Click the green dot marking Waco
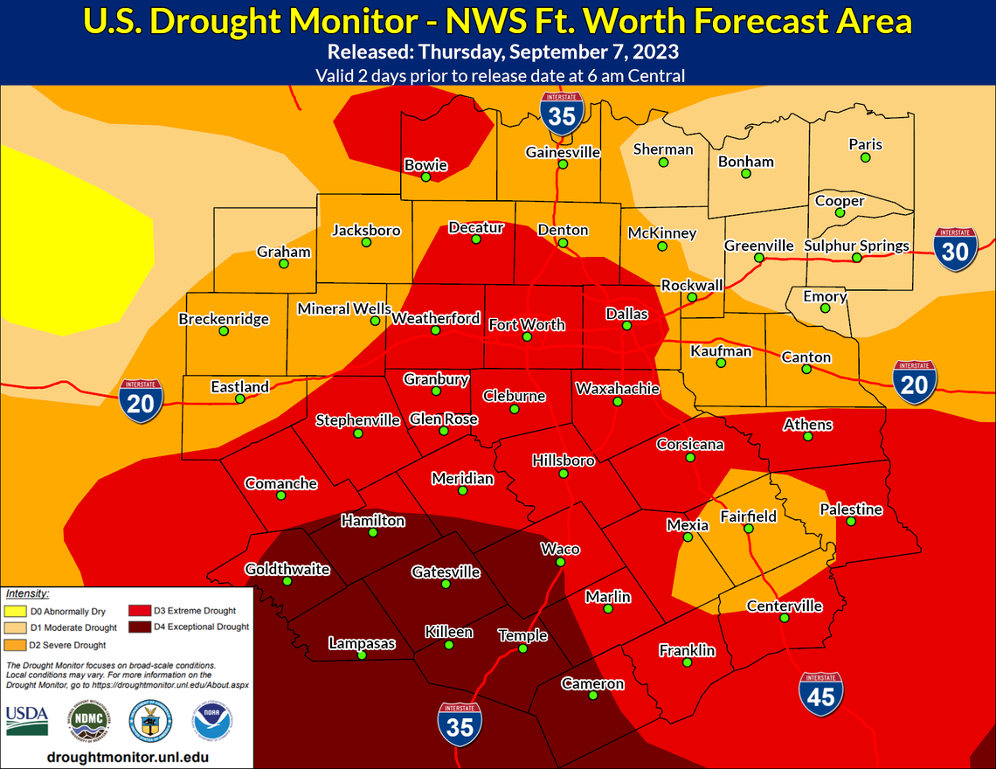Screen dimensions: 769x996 (x=560, y=563)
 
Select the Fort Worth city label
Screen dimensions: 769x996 (x=526, y=324)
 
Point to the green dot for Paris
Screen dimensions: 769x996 (x=865, y=158)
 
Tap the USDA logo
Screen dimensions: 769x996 (x=27, y=720)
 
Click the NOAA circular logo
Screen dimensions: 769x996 (x=206, y=721)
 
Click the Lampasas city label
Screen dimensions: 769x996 (x=362, y=643)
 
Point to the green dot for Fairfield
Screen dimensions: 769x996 (x=748, y=530)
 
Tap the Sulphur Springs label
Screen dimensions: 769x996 (x=856, y=246)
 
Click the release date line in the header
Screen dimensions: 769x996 (x=497, y=54)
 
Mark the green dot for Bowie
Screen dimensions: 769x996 (x=425, y=177)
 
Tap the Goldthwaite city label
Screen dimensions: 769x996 (x=287, y=569)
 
